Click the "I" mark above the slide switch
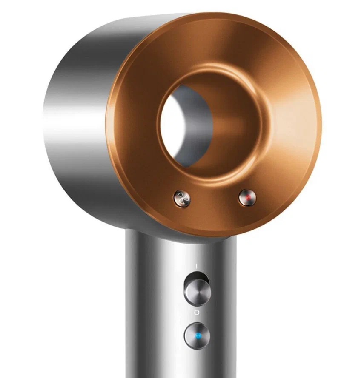(x=196, y=265)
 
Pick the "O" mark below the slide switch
(x=196, y=313)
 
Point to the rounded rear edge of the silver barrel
(x=47, y=128)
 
